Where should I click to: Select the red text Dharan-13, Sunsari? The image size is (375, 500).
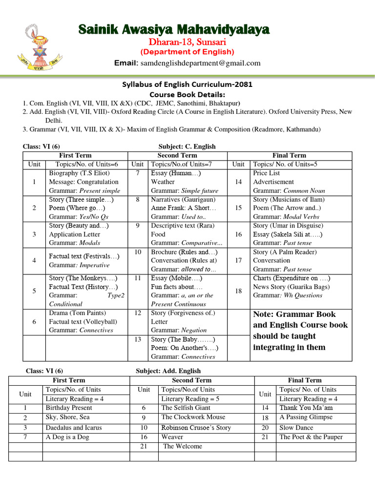pos(187,42)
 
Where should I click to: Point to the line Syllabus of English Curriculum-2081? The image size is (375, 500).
pos(187,84)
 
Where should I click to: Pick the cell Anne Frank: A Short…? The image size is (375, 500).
pos(184,208)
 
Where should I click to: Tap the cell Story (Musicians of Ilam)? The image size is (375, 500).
pos(289,199)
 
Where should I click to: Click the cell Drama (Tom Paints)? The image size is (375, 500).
pos(77,312)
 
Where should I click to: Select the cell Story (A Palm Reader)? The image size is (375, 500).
pos(285,252)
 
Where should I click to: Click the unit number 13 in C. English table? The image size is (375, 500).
pos(138,339)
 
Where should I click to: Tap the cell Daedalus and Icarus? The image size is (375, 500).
pos(74,428)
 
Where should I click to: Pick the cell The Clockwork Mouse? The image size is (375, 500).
pos(193,417)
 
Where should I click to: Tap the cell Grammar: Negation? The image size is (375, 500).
pos(179,330)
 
